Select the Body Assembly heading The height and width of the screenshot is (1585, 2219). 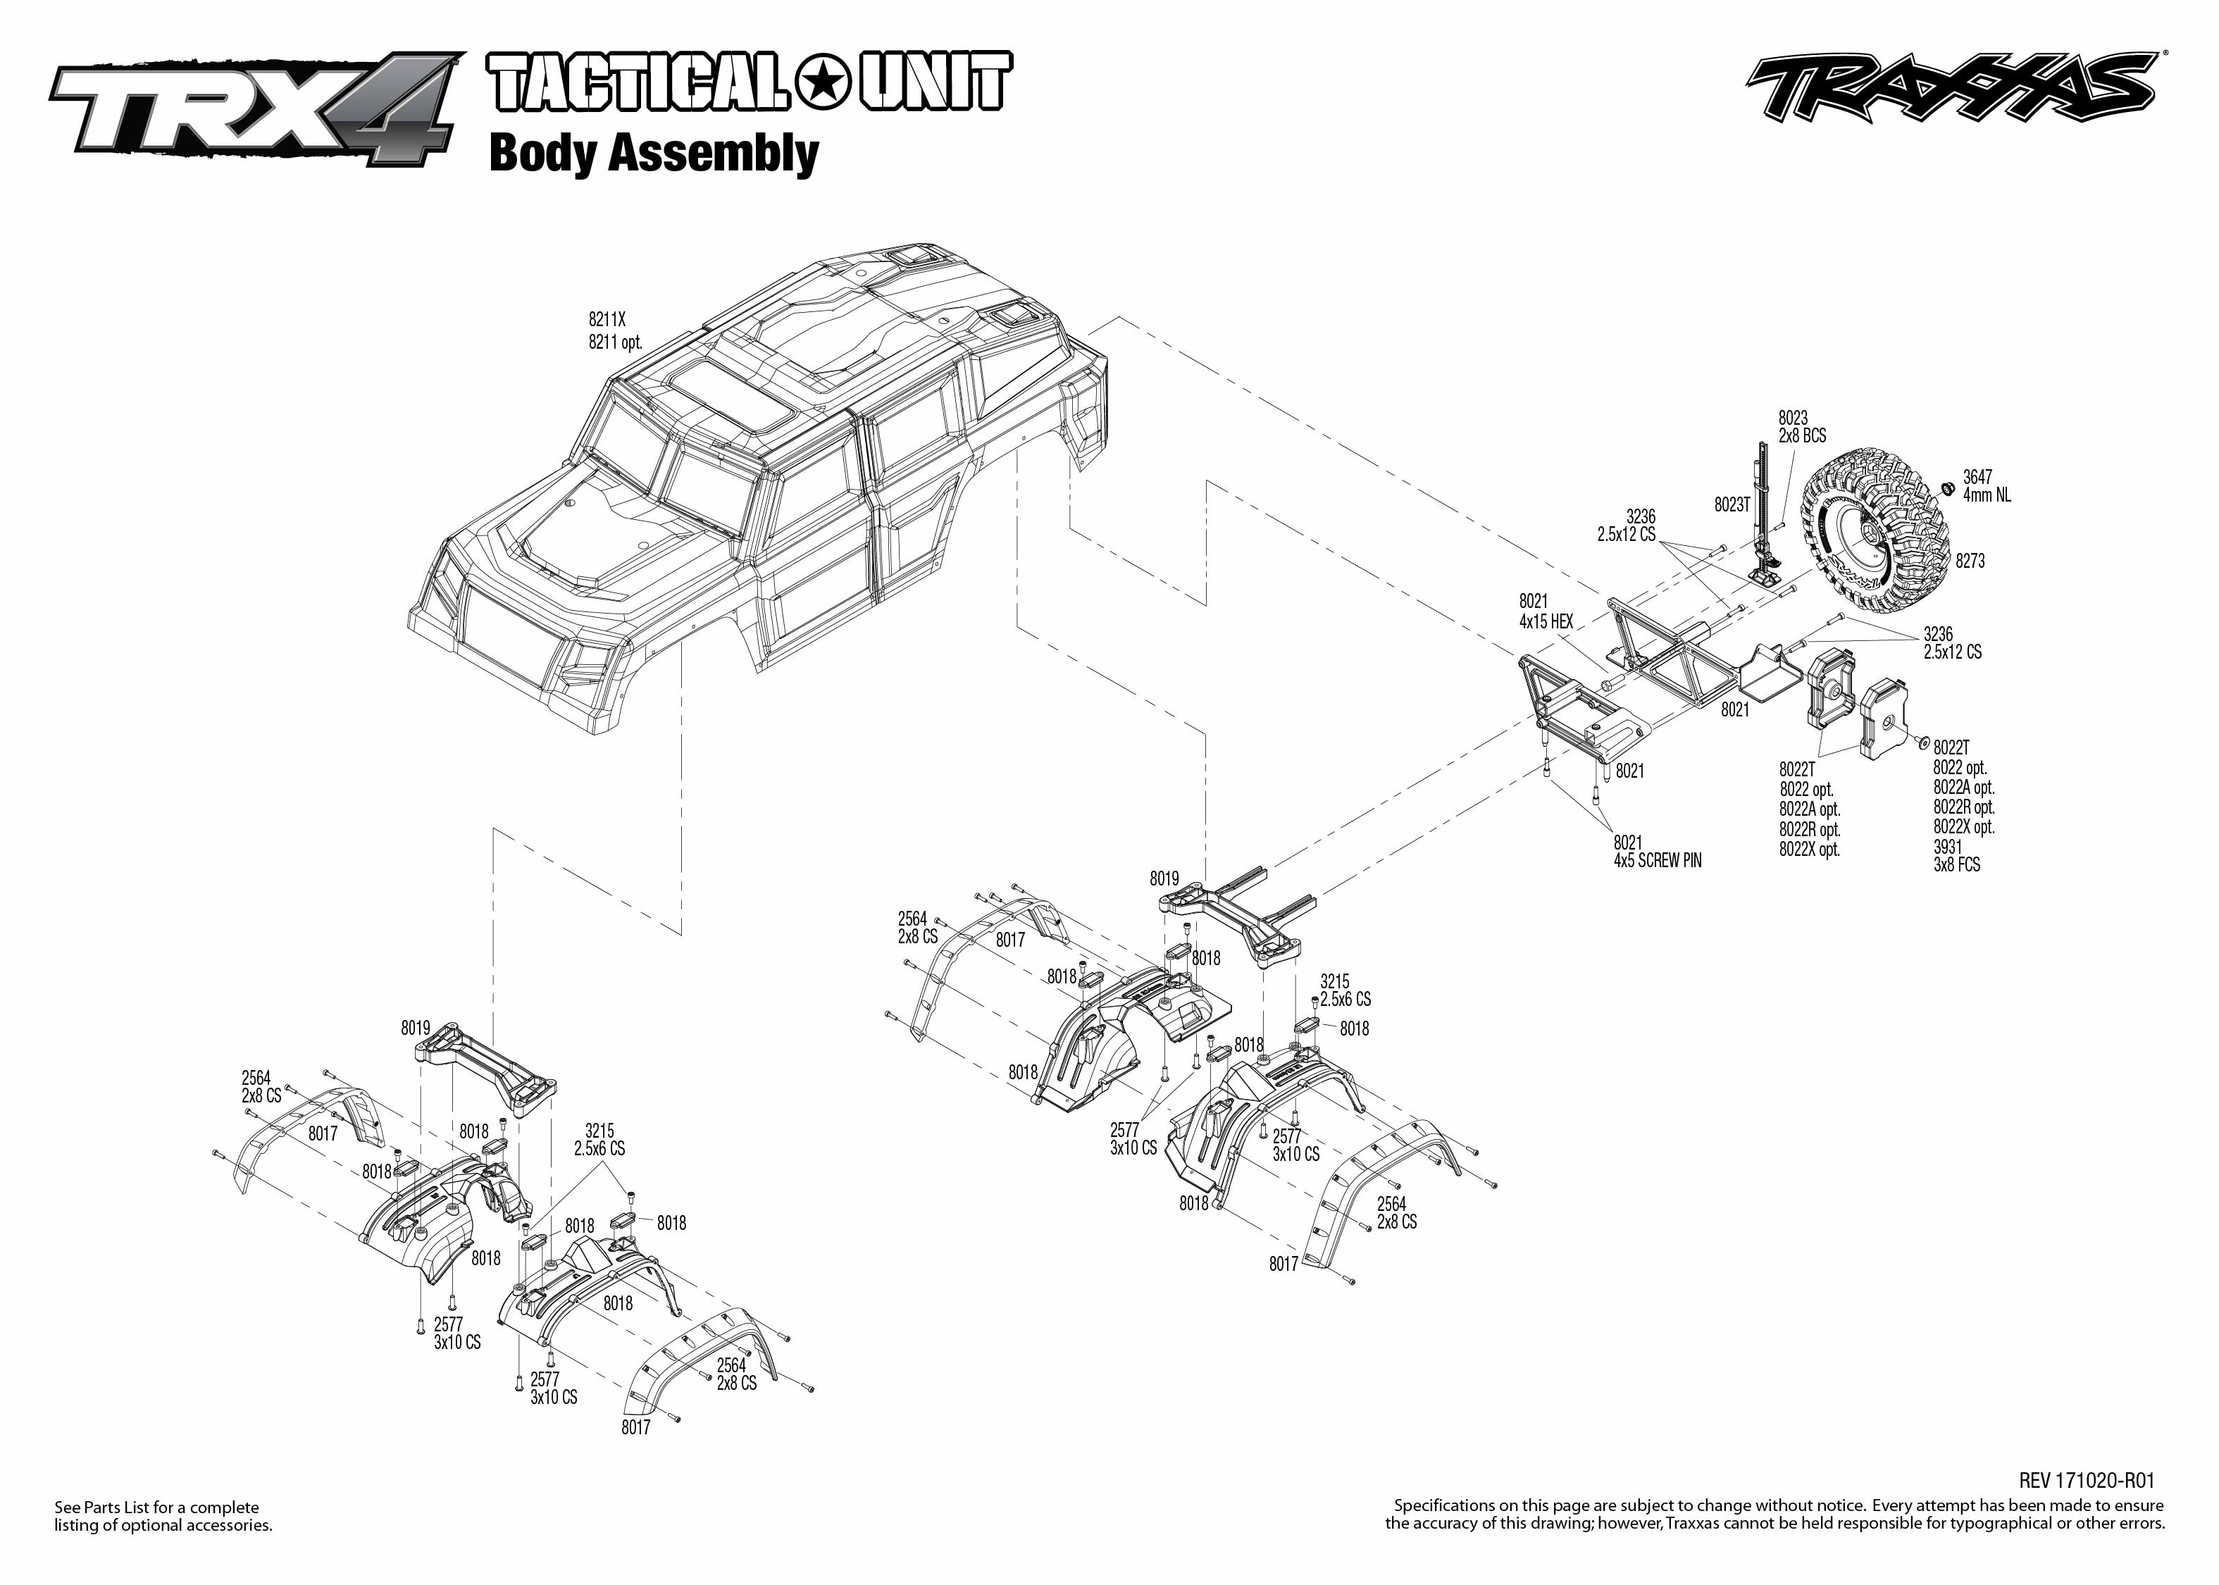coord(653,154)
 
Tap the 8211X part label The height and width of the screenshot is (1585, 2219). coord(606,319)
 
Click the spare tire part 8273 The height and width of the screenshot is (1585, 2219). coord(1874,532)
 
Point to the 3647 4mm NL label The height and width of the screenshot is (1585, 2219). coord(1986,486)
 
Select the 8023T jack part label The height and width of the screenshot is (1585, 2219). coord(1732,504)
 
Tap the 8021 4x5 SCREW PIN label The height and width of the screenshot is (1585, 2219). coord(1656,851)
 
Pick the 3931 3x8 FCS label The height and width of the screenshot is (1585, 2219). coord(1956,856)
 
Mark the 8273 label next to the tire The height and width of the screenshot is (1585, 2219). coord(1969,561)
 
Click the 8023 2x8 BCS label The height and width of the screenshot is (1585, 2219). coord(1801,426)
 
